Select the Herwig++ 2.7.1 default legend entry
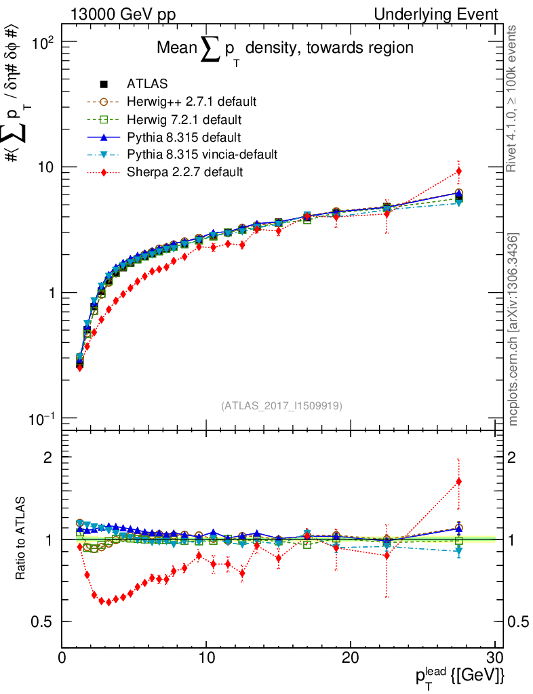[x=192, y=102]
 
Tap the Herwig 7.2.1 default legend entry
[x=184, y=119]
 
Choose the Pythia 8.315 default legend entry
[x=184, y=137]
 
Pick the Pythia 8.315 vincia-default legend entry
[x=202, y=155]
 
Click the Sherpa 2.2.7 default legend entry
[x=184, y=172]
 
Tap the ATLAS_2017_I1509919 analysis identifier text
[x=281, y=406]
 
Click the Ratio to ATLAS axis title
[x=21, y=539]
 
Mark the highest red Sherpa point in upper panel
[x=459, y=171]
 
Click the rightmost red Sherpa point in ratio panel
[x=459, y=482]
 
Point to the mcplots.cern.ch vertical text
[x=513, y=329]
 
